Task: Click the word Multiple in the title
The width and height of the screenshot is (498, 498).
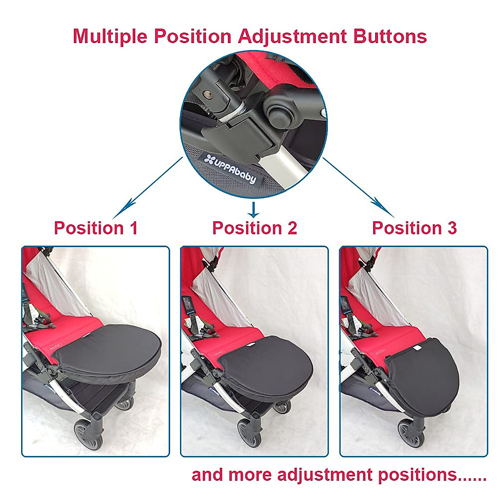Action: coord(110,37)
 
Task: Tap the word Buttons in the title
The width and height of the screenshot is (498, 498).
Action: coord(390,37)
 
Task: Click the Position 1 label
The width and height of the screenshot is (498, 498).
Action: coord(96,228)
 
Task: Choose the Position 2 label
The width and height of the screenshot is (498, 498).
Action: coord(254,228)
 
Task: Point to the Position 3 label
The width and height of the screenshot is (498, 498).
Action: coord(414,228)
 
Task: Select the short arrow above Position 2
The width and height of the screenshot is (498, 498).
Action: coord(253,210)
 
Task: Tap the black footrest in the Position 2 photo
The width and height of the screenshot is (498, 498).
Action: coord(266,361)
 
